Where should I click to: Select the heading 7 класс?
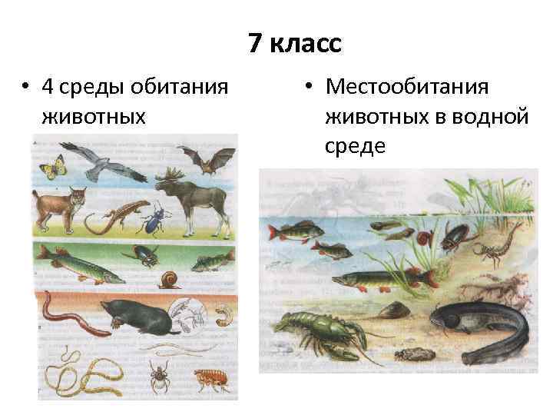click(x=295, y=45)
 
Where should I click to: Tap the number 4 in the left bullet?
click(x=48, y=86)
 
